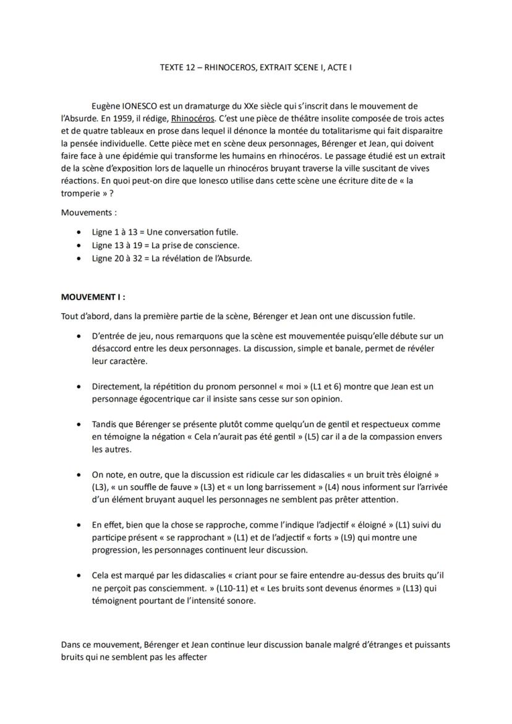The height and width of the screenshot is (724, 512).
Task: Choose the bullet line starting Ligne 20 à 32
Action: click(x=172, y=258)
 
